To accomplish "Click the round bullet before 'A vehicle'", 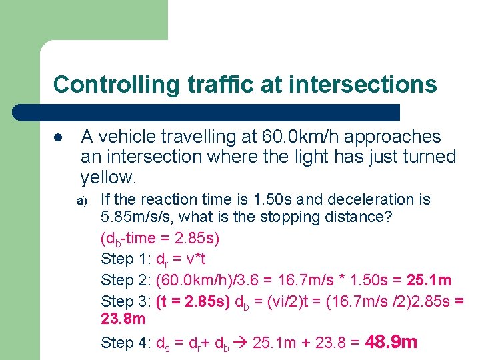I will (58, 137).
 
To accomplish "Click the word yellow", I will (107, 177).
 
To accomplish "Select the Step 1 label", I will (125, 259).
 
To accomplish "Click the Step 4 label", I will (125, 343).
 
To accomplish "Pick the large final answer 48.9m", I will (392, 343).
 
